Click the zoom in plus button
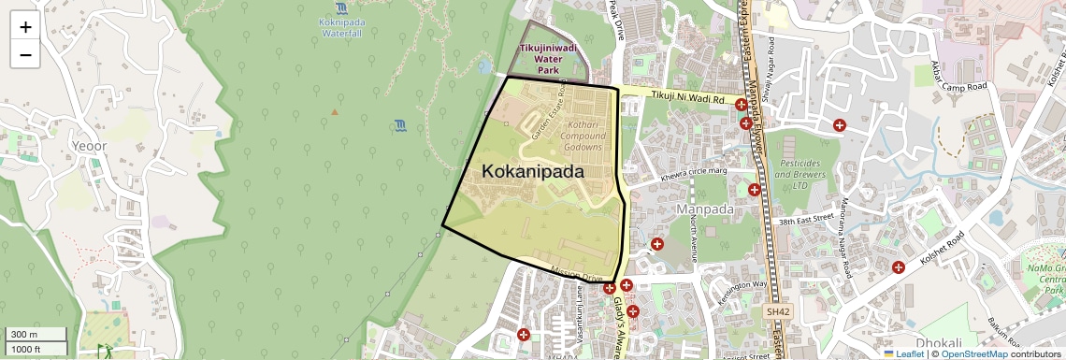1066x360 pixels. (25, 26)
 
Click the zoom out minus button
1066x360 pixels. (25, 54)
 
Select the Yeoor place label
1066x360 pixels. (90, 146)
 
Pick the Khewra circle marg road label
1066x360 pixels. (694, 173)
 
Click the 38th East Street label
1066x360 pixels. (805, 221)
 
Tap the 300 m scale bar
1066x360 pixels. (35, 335)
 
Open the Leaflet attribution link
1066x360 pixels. (902, 353)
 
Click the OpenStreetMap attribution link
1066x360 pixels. (974, 353)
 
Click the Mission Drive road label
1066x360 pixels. (576, 276)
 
